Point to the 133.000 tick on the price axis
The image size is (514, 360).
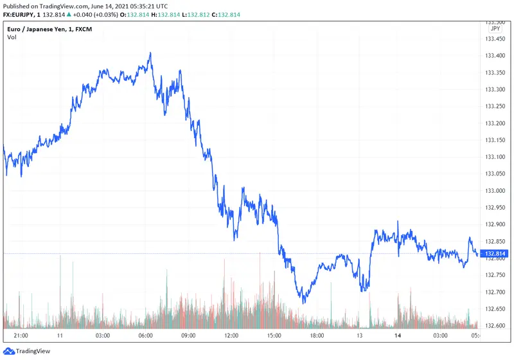(495, 191)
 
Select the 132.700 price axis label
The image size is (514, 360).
(495, 292)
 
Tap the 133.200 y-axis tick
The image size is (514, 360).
(495, 123)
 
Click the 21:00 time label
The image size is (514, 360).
(21, 336)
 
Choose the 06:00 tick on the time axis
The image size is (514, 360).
(145, 336)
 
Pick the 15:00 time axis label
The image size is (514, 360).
(275, 336)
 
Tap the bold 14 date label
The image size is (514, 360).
(398, 336)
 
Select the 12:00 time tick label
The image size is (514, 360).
(231, 336)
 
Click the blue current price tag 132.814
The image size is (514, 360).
(495, 254)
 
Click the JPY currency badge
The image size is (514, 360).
(495, 29)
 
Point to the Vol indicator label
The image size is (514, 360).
(12, 37)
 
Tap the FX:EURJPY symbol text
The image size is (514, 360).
(19, 14)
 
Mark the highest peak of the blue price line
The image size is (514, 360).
(150, 53)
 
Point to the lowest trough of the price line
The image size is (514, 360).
(303, 302)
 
